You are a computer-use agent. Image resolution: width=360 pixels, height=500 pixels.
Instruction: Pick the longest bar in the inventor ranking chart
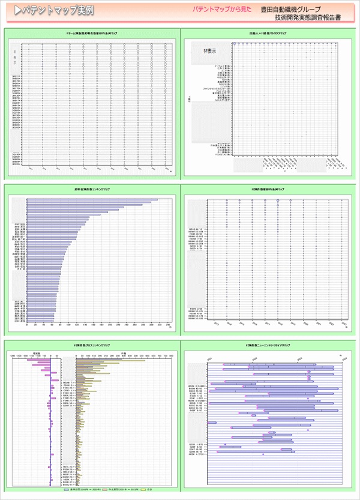(93, 200)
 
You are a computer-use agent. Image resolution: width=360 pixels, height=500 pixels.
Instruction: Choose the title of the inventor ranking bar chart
(92, 189)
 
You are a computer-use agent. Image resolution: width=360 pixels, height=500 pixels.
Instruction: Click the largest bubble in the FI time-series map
(278, 203)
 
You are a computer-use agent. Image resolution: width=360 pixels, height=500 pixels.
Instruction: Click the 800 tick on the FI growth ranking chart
(172, 356)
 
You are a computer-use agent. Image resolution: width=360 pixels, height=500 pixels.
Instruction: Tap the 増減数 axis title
(37, 352)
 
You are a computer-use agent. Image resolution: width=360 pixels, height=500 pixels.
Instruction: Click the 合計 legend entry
(146, 490)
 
